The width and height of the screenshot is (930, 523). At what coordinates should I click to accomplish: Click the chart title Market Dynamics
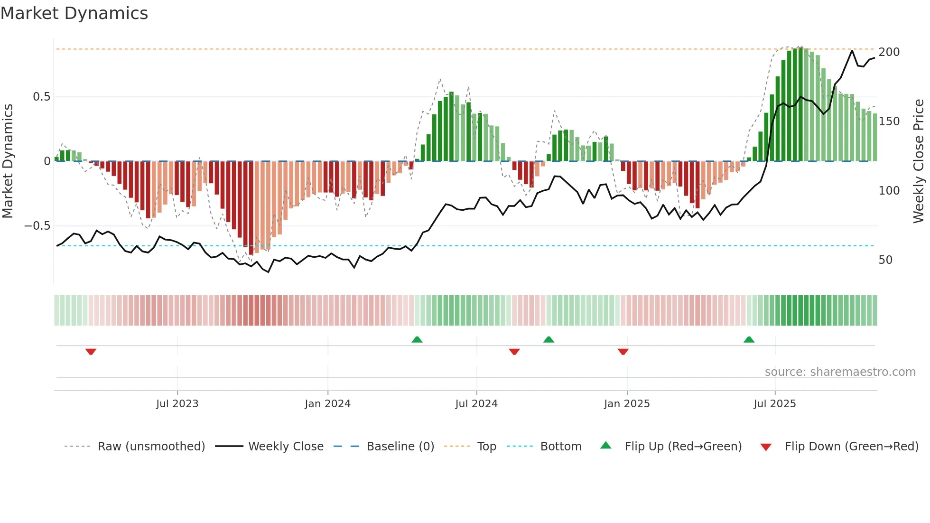click(74, 13)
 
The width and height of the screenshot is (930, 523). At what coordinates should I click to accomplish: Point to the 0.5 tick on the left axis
click(41, 97)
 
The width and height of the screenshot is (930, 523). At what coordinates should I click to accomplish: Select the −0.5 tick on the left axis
click(37, 226)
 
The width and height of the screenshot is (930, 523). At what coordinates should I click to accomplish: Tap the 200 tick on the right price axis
click(889, 52)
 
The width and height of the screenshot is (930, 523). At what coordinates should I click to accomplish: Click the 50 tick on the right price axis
click(885, 260)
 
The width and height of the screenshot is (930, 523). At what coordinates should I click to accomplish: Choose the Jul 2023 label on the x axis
click(177, 404)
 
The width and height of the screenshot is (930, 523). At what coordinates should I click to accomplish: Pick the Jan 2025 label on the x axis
click(626, 404)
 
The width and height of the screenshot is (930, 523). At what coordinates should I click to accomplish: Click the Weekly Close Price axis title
click(919, 161)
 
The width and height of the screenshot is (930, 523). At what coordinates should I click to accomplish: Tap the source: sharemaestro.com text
click(840, 372)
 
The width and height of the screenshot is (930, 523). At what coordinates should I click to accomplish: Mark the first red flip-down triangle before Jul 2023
click(91, 352)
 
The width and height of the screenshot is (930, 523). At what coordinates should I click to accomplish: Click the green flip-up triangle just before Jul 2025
click(749, 339)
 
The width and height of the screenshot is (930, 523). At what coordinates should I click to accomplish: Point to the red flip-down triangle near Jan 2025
click(623, 352)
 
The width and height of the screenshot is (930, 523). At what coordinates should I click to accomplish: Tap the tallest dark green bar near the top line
click(800, 104)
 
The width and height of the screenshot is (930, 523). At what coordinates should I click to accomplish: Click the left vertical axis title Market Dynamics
click(8, 161)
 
